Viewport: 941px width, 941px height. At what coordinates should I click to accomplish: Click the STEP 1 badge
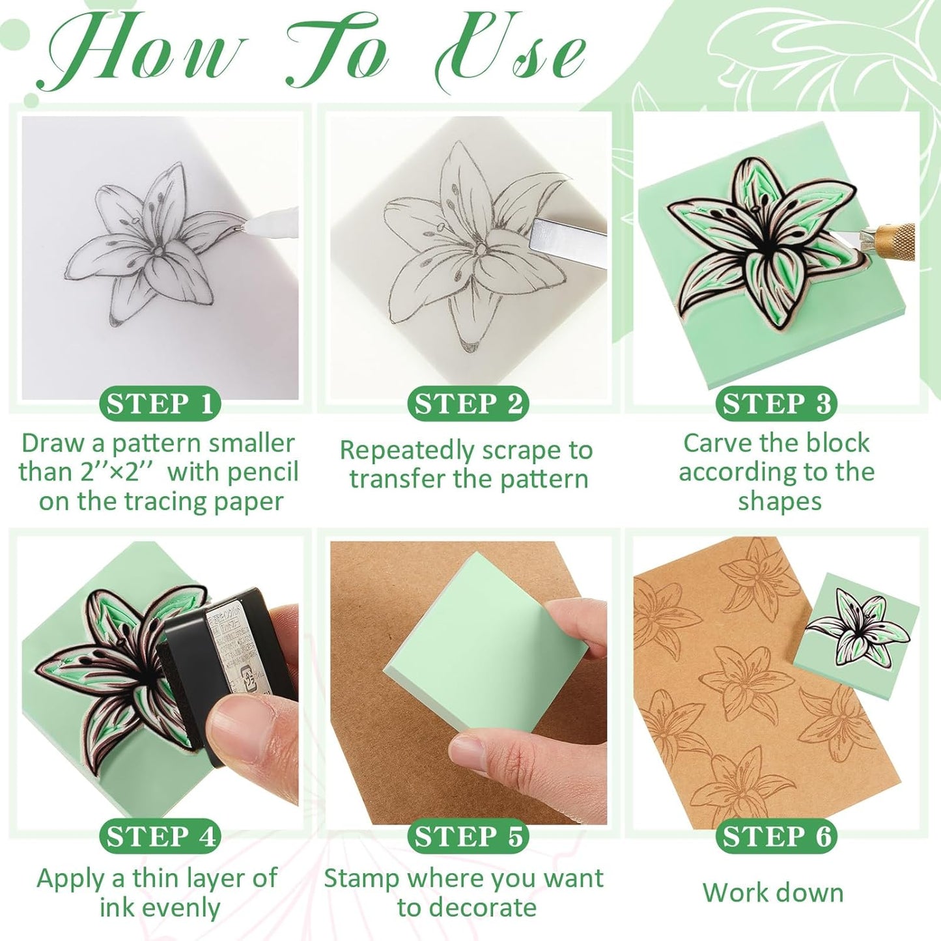(160, 404)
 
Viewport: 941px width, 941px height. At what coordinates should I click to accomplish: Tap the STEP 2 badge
(468, 404)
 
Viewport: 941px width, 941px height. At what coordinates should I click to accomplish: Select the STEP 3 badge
(776, 404)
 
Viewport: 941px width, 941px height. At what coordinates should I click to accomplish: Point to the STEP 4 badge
(160, 837)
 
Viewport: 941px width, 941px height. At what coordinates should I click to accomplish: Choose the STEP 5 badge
(468, 837)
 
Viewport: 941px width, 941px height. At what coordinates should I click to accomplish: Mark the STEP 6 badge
(776, 837)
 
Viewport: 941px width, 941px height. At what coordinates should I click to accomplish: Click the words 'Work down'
(773, 892)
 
